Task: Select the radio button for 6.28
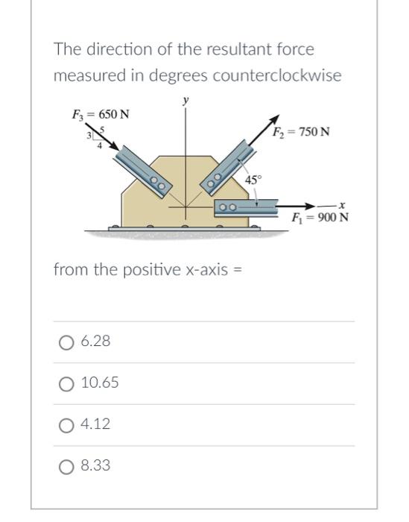[x=66, y=342]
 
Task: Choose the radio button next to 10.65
[x=66, y=383]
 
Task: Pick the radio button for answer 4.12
[x=66, y=425]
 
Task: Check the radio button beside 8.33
[x=66, y=466]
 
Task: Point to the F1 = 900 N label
[x=320, y=218]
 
